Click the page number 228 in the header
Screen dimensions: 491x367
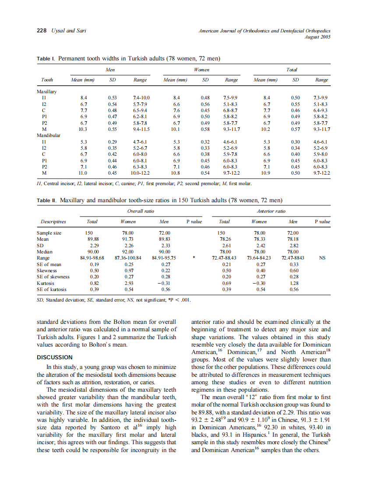click(41, 31)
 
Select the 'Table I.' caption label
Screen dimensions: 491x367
click(46, 58)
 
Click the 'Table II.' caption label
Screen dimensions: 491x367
click(47, 201)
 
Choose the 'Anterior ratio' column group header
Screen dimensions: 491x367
click(271, 211)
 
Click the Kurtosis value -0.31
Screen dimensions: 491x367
click(164, 283)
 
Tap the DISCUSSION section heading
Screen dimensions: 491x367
click(54, 358)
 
